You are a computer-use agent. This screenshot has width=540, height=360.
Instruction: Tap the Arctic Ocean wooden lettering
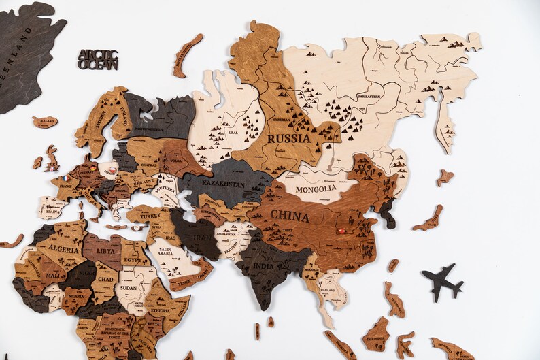click(97, 59)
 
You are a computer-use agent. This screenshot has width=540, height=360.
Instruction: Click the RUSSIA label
click(288, 138)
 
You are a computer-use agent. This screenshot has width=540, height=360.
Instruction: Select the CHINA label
click(290, 218)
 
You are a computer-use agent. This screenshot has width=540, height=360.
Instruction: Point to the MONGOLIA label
click(316, 189)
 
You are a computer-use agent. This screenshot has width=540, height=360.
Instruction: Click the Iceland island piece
click(45, 122)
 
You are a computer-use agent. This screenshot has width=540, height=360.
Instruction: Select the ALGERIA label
click(62, 250)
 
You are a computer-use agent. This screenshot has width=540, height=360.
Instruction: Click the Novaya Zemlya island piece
click(187, 54)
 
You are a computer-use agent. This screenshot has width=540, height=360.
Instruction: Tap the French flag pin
click(66, 178)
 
